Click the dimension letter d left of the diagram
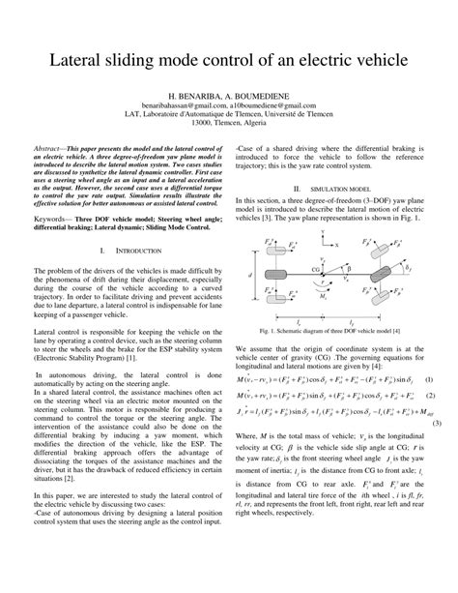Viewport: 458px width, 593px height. (249, 250)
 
